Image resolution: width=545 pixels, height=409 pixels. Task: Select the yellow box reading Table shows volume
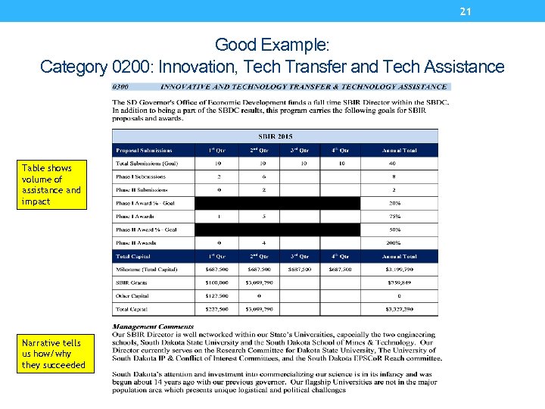pyautogui.click(x=51, y=185)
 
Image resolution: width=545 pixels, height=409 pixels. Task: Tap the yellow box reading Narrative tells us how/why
pyautogui.click(x=51, y=354)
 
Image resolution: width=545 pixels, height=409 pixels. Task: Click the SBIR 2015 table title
pyautogui.click(x=275, y=136)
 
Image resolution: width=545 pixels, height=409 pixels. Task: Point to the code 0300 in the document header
pyautogui.click(x=123, y=86)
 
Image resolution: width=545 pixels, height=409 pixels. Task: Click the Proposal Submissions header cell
pyautogui.click(x=145, y=150)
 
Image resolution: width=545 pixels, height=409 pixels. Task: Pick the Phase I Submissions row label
pyautogui.click(x=142, y=176)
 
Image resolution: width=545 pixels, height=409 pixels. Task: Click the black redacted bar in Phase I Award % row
pyautogui.click(x=278, y=203)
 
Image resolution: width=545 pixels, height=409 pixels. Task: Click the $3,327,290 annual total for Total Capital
pyautogui.click(x=399, y=309)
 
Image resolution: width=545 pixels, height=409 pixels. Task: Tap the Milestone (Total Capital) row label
pyautogui.click(x=147, y=270)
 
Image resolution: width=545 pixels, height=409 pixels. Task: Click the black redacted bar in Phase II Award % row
pyautogui.click(x=278, y=229)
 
